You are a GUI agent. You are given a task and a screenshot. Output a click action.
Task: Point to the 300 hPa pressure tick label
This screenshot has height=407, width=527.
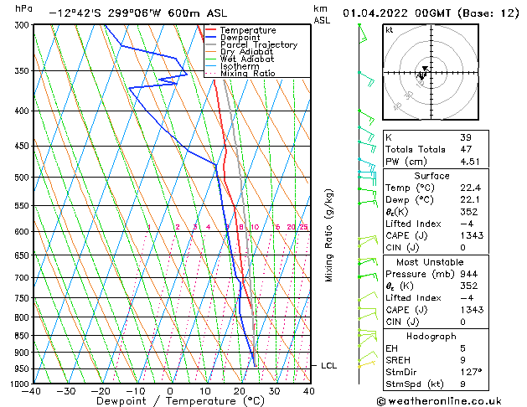(21, 25)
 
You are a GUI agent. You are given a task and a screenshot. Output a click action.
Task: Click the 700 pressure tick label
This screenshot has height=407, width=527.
(21, 277)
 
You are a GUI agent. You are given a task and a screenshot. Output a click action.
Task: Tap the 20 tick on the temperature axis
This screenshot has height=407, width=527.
(239, 391)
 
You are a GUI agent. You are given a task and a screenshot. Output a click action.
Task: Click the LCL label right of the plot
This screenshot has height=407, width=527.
(328, 366)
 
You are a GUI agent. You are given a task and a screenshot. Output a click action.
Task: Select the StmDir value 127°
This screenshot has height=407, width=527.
(471, 371)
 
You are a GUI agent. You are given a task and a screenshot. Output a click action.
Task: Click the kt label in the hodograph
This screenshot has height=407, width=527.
(389, 29)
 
